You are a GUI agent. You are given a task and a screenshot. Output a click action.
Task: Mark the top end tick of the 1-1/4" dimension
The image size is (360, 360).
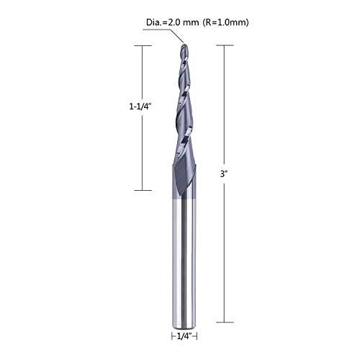pos(143,45)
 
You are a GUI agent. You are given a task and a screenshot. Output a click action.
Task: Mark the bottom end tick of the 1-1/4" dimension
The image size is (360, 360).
pos(143,189)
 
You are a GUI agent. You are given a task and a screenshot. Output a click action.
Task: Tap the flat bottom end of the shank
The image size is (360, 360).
pos(184,323)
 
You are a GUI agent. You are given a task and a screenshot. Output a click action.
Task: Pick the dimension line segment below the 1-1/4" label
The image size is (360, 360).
pos(143,151)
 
